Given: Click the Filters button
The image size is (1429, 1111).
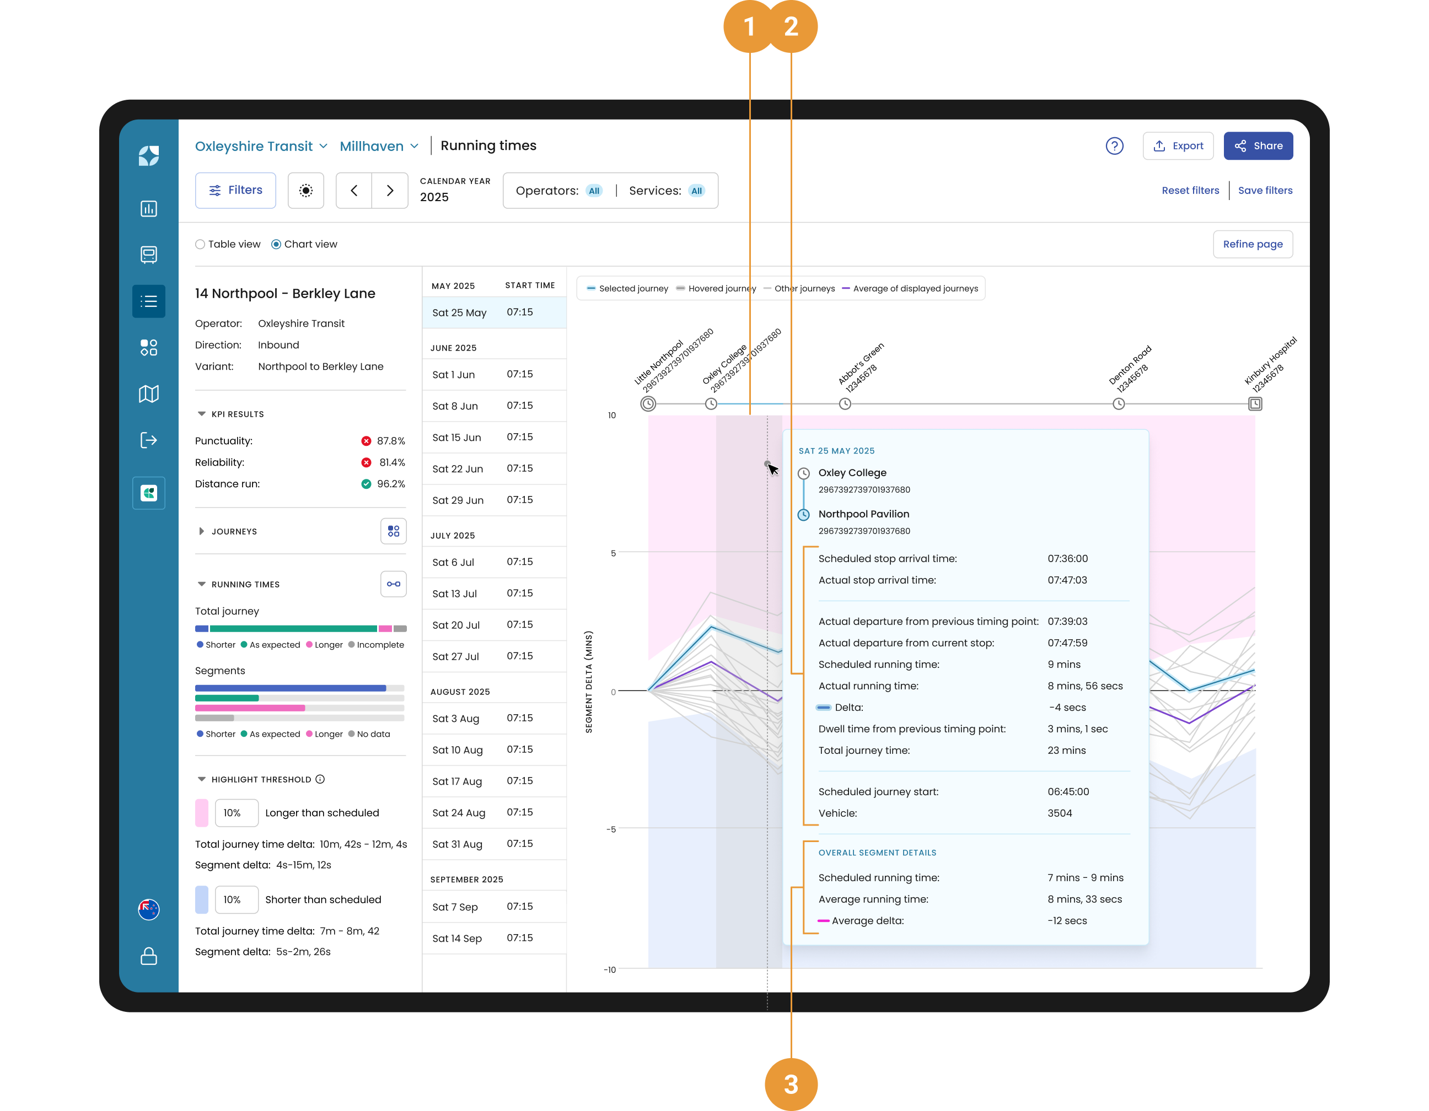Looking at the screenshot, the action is [x=235, y=190].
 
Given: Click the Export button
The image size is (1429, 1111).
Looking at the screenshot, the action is [x=1178, y=146].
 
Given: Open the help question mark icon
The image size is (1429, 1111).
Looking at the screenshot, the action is [x=1114, y=146].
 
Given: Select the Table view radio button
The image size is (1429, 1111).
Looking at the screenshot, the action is [x=200, y=245].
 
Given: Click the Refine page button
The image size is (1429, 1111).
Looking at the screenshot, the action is [x=1253, y=244].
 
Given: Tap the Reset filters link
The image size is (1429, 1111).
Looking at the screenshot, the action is [x=1190, y=190].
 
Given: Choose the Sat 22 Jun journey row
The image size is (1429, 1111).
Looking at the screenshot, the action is [x=494, y=469].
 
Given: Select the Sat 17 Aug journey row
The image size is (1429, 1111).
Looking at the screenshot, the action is [x=494, y=781].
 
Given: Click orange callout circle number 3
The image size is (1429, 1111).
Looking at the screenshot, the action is [x=791, y=1084].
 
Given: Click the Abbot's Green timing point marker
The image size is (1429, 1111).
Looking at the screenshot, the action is [x=845, y=404].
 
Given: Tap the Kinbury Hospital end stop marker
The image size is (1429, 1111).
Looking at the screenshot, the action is [x=1255, y=404].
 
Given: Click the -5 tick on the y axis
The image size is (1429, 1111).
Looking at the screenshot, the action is [x=611, y=830].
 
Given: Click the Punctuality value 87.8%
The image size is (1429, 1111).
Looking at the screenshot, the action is [x=391, y=441].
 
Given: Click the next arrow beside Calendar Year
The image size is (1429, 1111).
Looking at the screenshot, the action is [x=390, y=190].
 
